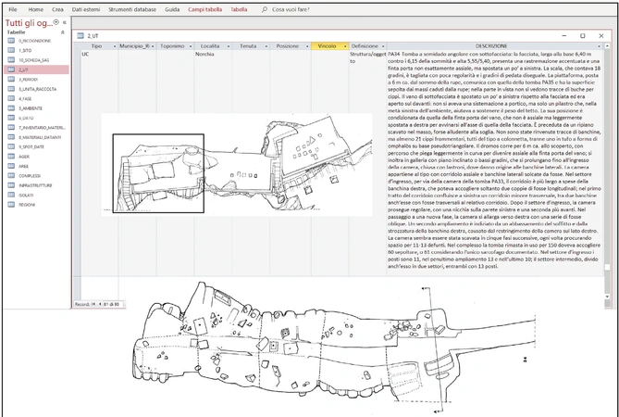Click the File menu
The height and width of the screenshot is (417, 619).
coord(12,8)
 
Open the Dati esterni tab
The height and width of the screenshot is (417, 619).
coord(88,8)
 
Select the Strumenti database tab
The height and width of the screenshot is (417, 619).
coord(132,8)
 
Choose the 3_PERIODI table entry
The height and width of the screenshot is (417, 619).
coord(31,80)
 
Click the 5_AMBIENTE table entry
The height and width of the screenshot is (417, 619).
coord(32,108)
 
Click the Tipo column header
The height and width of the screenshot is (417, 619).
coord(96,45)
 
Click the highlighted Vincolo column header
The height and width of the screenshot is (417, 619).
coord(328,45)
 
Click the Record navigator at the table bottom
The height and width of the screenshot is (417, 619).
coord(97,304)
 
